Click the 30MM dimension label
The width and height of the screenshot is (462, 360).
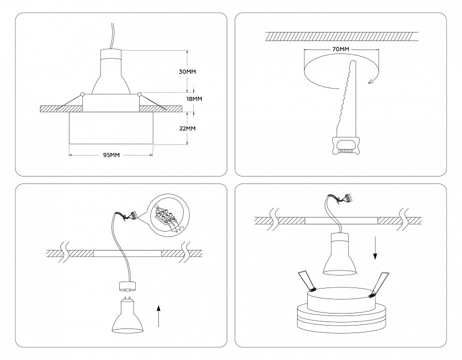click(x=187, y=72)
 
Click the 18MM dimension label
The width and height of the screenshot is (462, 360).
click(x=194, y=98)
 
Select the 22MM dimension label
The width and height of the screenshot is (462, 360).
click(x=187, y=128)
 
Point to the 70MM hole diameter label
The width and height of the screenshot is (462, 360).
click(x=340, y=49)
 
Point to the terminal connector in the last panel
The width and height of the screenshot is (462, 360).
click(x=345, y=199)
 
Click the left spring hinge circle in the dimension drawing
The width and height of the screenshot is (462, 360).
click(x=82, y=93)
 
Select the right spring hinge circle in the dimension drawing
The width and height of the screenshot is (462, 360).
click(x=139, y=93)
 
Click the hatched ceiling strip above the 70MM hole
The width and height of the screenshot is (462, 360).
click(x=342, y=36)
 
